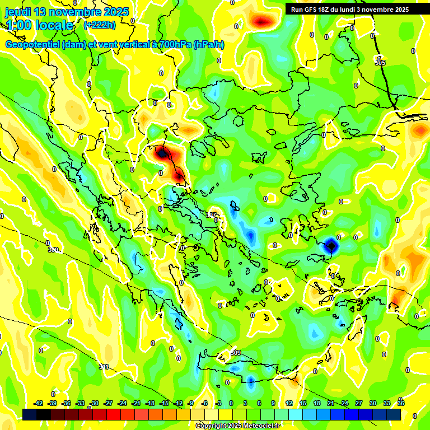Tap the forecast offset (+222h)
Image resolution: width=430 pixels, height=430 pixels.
tap(100, 25)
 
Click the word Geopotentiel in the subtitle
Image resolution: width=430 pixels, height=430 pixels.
tap(33, 45)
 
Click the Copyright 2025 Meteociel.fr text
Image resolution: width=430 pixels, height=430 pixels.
tap(237, 426)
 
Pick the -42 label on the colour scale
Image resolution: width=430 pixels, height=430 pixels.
tap(38, 403)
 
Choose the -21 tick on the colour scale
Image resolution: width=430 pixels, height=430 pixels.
tap(136, 403)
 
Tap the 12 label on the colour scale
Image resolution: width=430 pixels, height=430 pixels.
tap(288, 403)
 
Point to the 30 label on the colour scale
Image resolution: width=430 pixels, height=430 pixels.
tap(373, 403)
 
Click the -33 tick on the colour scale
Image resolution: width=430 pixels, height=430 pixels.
tap(80, 403)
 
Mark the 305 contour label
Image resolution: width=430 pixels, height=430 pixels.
tap(380, 63)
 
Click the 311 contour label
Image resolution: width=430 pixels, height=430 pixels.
tap(104, 367)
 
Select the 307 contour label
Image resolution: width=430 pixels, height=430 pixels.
tap(211, 215)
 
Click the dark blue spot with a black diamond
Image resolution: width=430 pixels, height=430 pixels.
tap(331, 245)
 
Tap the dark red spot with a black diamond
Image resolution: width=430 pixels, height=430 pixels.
tap(162, 152)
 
